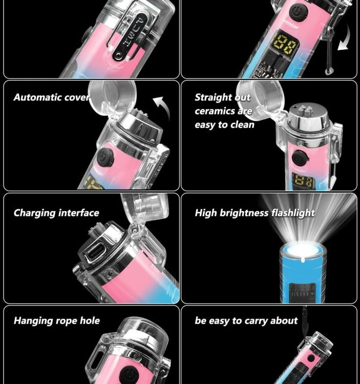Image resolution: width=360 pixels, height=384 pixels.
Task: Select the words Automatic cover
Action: click(x=52, y=97)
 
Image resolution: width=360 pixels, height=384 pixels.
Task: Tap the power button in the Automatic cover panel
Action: click(x=106, y=157)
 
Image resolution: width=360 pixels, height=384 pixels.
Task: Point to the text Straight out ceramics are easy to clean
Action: click(x=224, y=111)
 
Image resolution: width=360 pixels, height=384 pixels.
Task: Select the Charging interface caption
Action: click(x=56, y=213)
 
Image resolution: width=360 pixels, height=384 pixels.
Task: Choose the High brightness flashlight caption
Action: click(x=255, y=213)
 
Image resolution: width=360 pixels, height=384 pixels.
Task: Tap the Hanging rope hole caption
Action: click(x=57, y=321)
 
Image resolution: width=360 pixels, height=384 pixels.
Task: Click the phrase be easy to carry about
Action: click(x=246, y=321)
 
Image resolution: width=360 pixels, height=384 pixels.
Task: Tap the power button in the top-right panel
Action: click(x=298, y=12)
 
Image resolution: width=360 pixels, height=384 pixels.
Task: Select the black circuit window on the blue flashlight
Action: click(x=302, y=292)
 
